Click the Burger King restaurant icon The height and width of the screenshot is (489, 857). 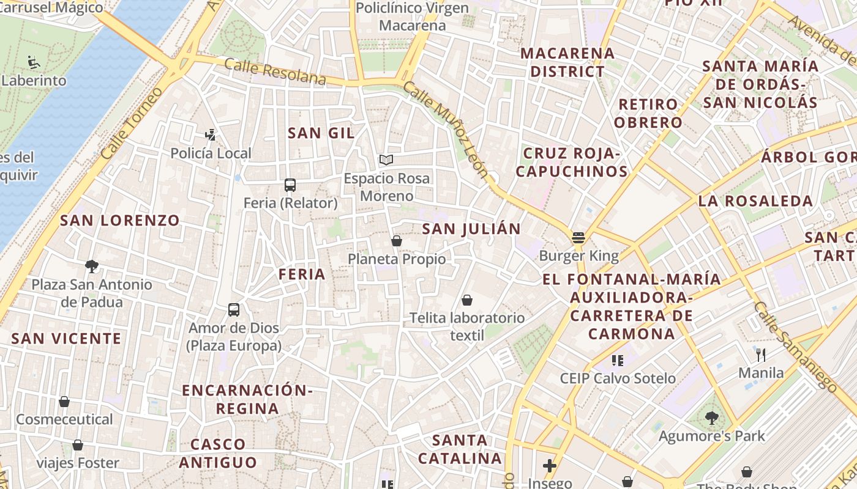578,238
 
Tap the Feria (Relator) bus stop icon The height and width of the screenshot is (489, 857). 290,185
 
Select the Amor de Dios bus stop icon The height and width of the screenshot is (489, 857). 234,310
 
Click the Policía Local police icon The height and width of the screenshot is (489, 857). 211,134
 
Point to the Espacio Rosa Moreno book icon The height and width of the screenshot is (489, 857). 386,160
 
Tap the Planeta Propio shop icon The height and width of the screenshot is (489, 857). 397,241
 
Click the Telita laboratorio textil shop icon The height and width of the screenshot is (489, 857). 467,300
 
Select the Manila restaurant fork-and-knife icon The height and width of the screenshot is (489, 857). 761,355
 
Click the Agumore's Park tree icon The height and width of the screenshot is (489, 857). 711,418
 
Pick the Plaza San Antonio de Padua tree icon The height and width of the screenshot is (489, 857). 92,266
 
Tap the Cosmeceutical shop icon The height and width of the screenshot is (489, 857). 64,402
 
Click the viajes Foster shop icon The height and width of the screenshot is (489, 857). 78,445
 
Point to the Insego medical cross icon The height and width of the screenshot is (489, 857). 550,466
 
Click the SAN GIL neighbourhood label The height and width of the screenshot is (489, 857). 321,133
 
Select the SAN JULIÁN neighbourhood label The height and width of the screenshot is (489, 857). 471,229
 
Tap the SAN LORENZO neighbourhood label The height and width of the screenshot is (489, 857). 120,221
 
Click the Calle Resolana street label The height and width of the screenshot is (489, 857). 275,72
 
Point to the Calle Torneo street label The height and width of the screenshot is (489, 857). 132,124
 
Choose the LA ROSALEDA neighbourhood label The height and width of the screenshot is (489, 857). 755,201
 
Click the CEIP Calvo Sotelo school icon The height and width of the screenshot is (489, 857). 617,360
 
